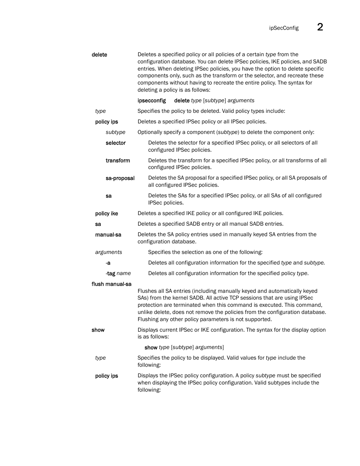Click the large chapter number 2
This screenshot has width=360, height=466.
tap(320, 27)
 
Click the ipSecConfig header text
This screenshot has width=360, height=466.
tap(284, 28)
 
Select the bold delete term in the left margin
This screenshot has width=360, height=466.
tap(99, 55)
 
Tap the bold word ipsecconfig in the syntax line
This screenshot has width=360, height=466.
tap(152, 100)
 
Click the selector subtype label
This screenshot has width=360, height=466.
tap(115, 143)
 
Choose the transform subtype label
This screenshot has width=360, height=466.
tap(118, 160)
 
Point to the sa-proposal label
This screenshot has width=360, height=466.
tap(120, 178)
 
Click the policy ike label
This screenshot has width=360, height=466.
tap(106, 214)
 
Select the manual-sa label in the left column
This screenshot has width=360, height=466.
tap(108, 235)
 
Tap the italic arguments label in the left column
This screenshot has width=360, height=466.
tap(109, 252)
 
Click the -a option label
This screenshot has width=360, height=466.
tap(108, 263)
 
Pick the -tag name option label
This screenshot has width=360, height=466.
tap(118, 274)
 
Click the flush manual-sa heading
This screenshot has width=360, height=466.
tap(111, 284)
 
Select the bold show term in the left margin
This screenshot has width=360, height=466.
tap(98, 330)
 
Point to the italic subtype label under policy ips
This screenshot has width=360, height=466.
tap(115, 132)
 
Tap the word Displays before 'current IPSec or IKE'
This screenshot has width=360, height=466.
tap(148, 330)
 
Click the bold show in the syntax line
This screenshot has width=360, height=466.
tap(151, 348)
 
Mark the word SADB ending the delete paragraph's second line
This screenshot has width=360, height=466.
tap(320, 62)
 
